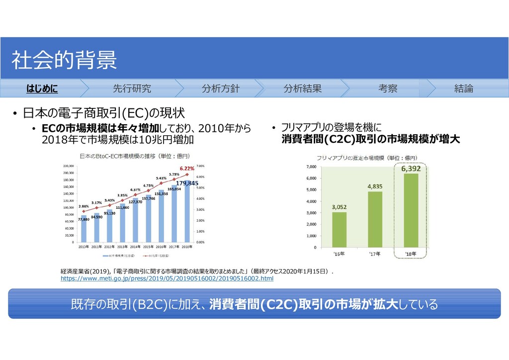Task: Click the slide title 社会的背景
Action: point(64,60)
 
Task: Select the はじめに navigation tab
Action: point(42,89)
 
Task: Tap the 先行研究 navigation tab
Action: point(132,89)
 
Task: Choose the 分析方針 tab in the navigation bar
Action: point(220,89)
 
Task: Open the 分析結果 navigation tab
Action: point(302,89)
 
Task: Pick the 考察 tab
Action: point(388,89)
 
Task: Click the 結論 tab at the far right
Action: point(463,89)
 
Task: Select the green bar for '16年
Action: point(339,229)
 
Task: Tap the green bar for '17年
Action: point(375,219)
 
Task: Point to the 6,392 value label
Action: point(411,169)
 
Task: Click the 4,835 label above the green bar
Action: point(375,186)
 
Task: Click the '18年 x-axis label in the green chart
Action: point(411,255)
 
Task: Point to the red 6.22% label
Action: point(187,169)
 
